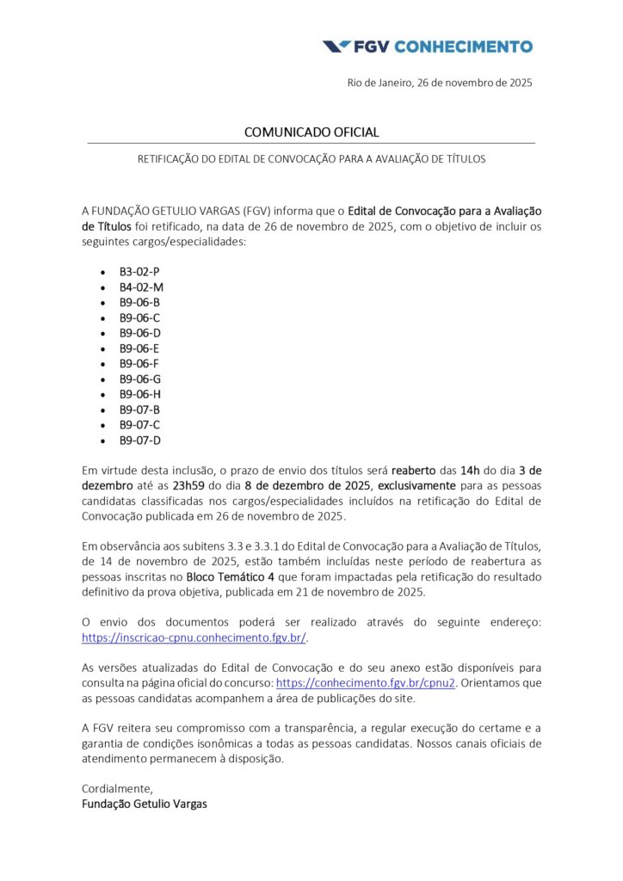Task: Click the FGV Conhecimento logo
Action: [427, 46]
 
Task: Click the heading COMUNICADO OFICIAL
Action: [311, 132]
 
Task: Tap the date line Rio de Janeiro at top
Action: [440, 83]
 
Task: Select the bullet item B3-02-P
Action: [139, 271]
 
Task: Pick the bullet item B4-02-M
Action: [141, 286]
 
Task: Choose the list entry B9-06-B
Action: [139, 302]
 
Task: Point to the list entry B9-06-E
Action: [139, 348]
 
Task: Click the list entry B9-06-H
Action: [140, 394]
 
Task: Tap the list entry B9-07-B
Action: [139, 410]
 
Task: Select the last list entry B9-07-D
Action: [140, 440]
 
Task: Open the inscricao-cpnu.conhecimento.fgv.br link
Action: [194, 638]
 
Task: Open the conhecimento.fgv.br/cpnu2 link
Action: [365, 682]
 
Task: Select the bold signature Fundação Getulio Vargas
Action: [144, 804]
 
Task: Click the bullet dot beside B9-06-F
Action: [104, 364]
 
